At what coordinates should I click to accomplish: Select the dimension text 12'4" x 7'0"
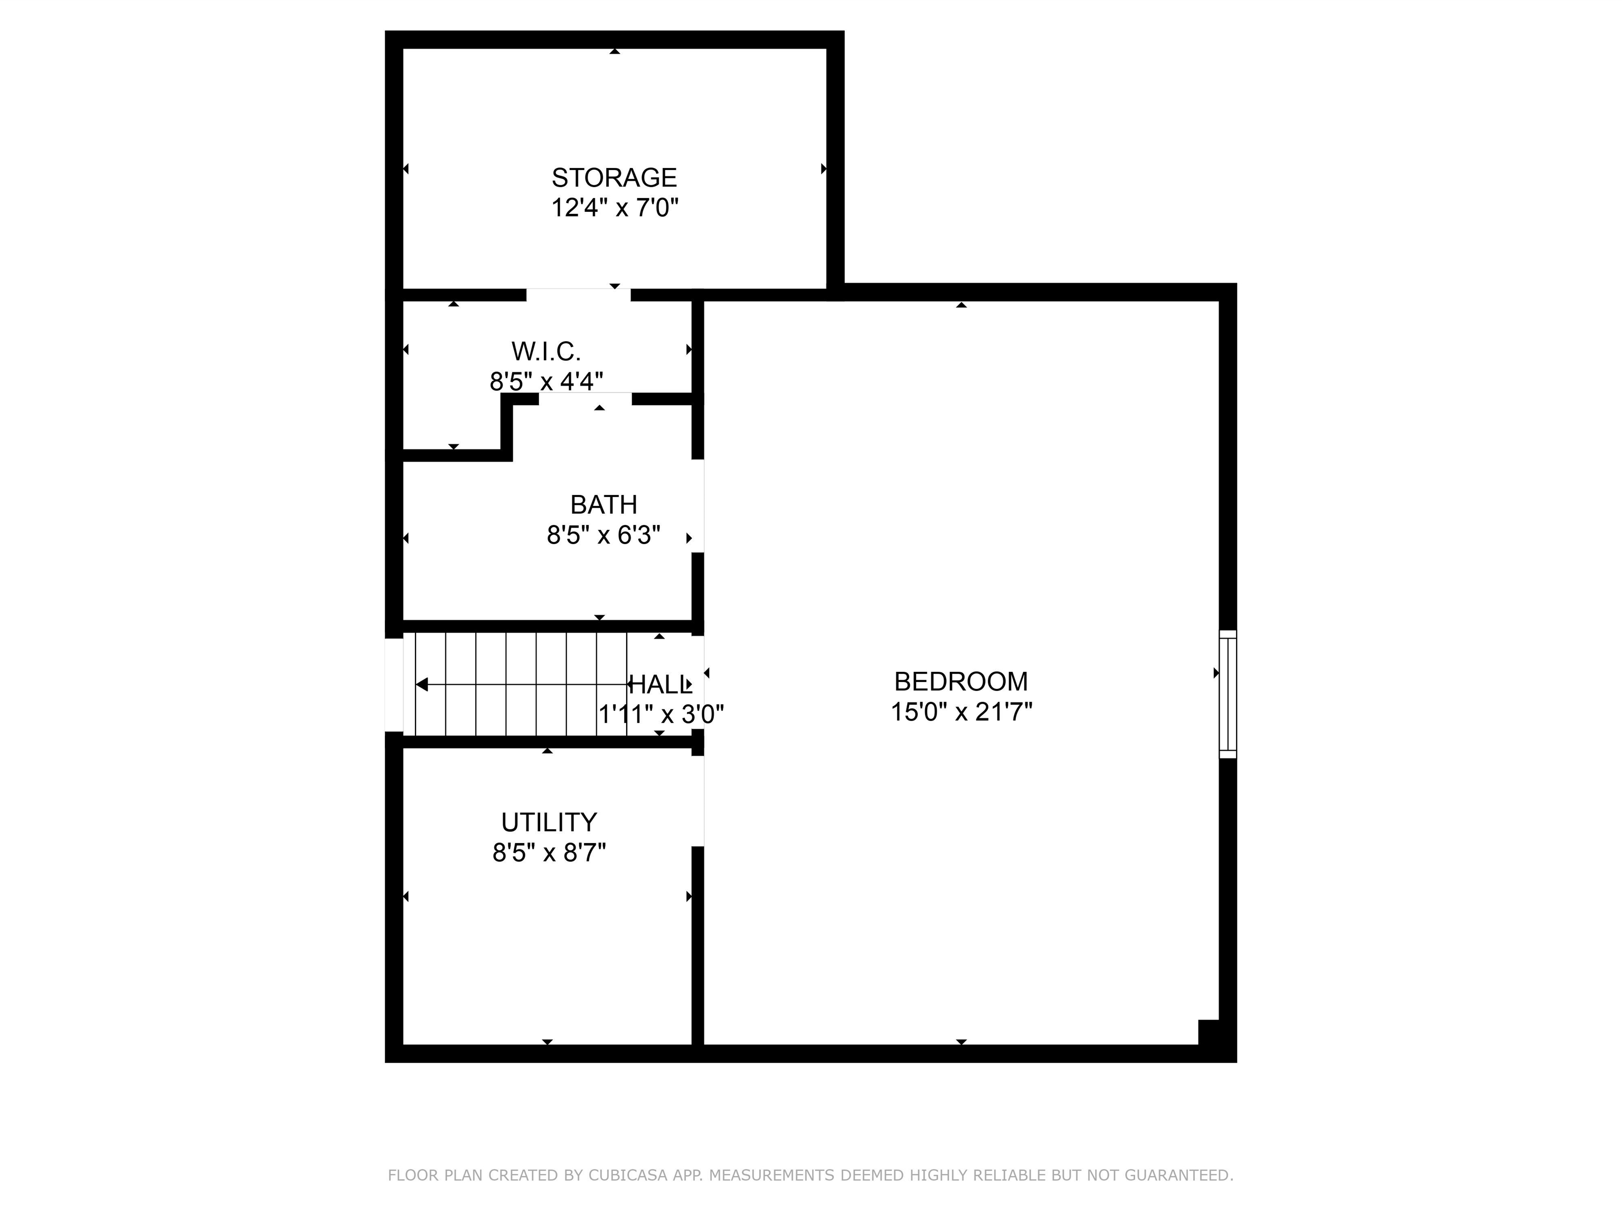click(x=615, y=208)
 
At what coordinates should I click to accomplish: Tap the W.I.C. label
click(x=546, y=351)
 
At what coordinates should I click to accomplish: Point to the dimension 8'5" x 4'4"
click(x=546, y=381)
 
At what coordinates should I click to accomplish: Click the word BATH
click(x=603, y=504)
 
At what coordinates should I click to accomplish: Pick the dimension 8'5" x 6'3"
click(x=603, y=536)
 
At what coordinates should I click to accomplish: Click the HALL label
click(x=660, y=685)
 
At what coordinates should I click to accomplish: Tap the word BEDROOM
click(x=960, y=681)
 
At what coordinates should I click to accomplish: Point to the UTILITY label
click(x=549, y=821)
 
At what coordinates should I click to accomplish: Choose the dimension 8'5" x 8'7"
click(x=549, y=853)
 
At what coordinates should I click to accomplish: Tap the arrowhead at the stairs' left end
click(x=422, y=685)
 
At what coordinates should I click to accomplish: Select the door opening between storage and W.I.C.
click(x=578, y=295)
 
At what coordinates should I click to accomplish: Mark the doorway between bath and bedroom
click(x=698, y=506)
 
